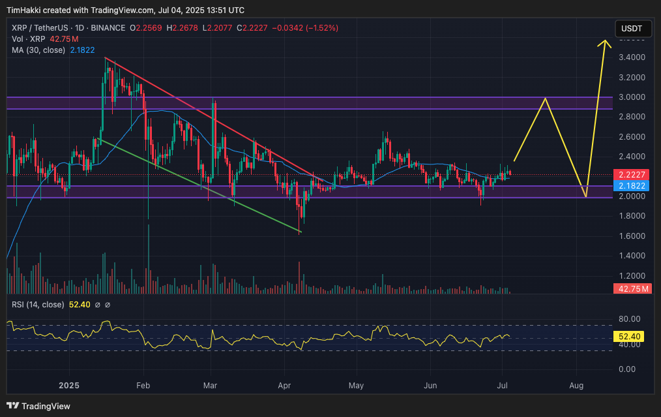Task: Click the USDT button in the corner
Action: (632, 29)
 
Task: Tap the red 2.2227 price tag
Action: (632, 175)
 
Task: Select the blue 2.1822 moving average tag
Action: (632, 186)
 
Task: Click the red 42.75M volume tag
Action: (632, 288)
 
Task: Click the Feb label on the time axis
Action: (143, 386)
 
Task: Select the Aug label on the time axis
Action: (576, 386)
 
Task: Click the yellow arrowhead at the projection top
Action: (606, 42)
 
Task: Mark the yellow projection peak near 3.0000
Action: (544, 99)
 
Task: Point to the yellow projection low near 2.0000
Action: (586, 196)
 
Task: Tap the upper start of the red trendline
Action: (106, 58)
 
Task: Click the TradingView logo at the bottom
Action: (39, 406)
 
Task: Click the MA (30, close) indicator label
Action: (37, 50)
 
